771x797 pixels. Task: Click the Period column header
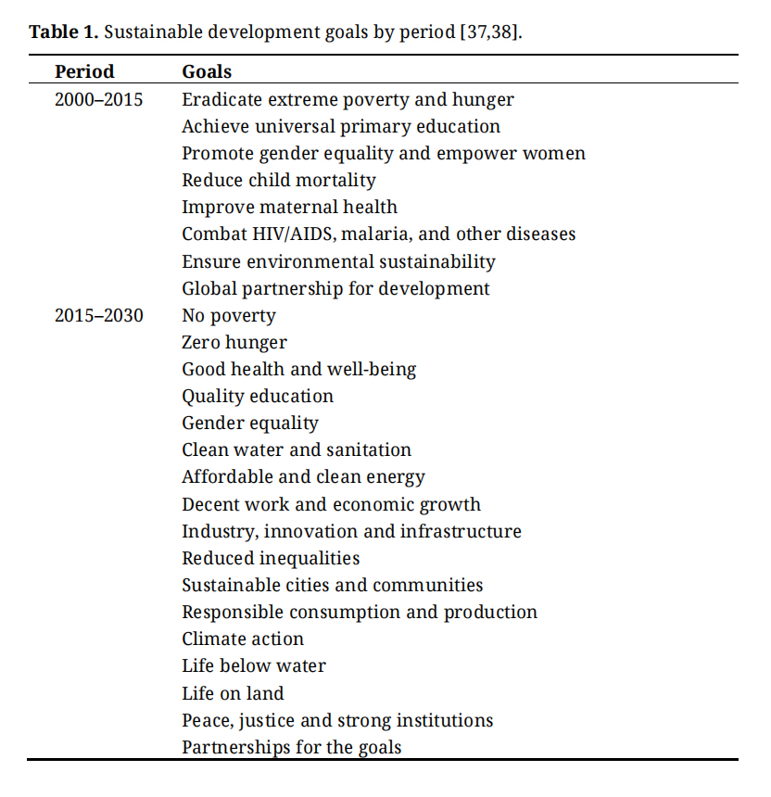point(84,71)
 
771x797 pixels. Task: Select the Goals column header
point(207,71)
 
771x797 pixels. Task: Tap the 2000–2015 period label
point(98,99)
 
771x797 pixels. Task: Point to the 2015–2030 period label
point(98,315)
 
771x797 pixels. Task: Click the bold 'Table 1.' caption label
point(64,32)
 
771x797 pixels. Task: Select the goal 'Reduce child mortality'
point(279,180)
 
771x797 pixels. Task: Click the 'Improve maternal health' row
point(289,207)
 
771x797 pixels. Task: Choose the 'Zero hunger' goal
point(234,343)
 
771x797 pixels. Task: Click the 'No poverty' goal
point(229,316)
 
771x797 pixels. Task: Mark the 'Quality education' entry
point(258,397)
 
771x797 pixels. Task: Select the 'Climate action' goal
point(243,639)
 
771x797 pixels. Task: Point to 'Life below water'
point(254,665)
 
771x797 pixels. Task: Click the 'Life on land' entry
point(233,693)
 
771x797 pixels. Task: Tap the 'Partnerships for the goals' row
point(291,747)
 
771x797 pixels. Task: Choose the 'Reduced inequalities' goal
point(271,558)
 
